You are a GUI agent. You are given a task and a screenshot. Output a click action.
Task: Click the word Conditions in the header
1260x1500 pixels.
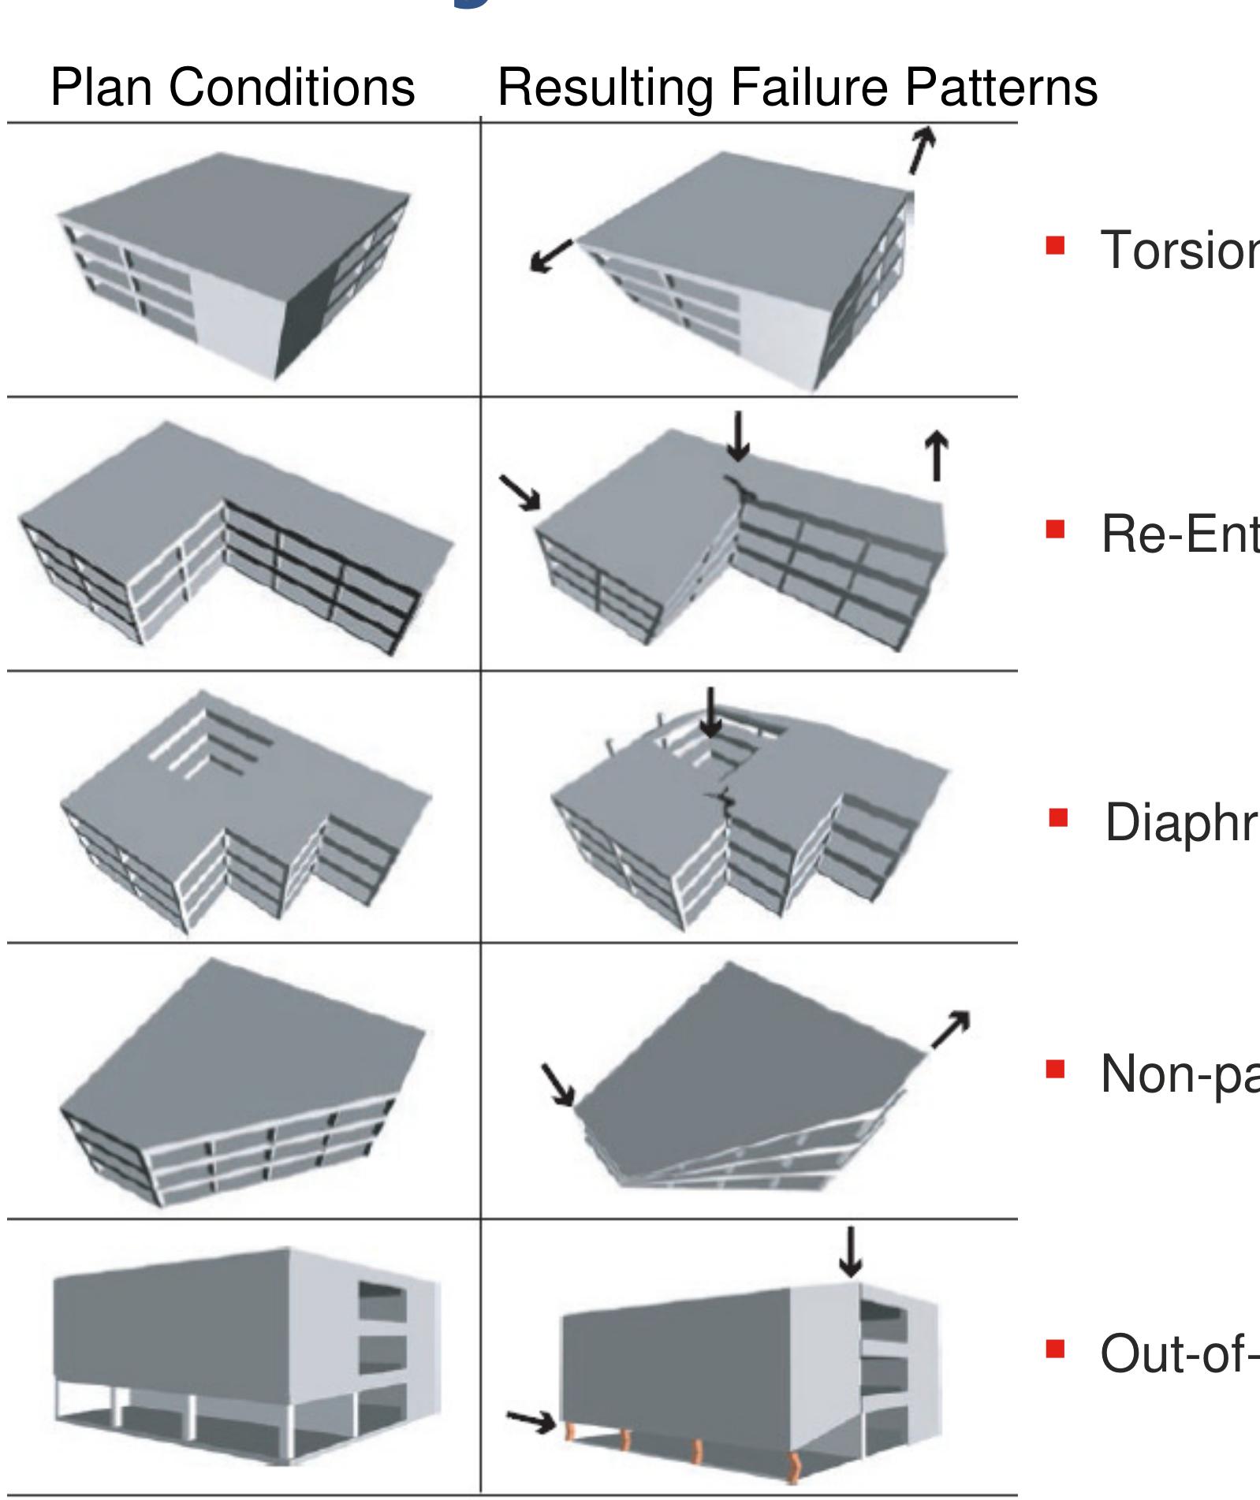[291, 87]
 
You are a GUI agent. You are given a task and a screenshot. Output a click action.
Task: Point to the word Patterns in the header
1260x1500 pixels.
[1001, 87]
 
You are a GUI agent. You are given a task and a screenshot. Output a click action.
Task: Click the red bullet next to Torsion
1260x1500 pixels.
[1055, 247]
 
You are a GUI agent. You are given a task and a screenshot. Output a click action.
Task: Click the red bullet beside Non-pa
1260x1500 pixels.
[1055, 1069]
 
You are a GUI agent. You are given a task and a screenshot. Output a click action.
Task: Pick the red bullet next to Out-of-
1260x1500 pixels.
[1055, 1350]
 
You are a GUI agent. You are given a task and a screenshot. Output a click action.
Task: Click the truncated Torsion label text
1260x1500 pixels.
[1179, 250]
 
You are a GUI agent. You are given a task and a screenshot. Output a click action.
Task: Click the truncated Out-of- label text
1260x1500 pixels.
[1179, 1354]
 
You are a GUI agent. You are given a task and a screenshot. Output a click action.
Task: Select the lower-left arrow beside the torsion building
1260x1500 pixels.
[552, 257]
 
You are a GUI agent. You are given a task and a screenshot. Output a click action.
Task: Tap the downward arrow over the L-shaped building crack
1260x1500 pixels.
[738, 436]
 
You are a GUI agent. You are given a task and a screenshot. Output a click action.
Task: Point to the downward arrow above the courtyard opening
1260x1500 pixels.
[710, 712]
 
